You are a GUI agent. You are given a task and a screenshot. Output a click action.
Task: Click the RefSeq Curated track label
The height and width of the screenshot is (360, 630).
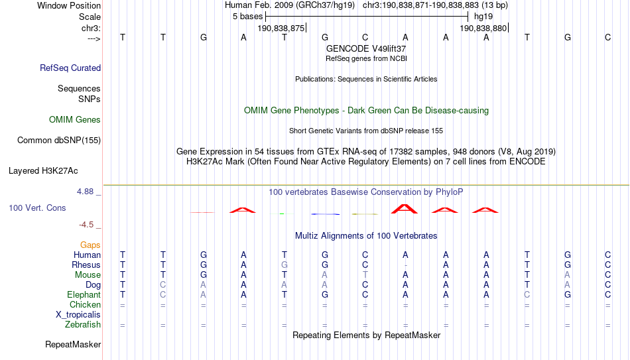(70, 68)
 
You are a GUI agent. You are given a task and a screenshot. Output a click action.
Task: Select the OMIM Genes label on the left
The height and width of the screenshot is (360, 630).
(75, 120)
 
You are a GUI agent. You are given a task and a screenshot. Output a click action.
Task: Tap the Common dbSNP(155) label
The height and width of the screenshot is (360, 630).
(59, 141)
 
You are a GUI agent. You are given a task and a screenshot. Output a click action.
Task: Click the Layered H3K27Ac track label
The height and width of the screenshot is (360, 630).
(43, 171)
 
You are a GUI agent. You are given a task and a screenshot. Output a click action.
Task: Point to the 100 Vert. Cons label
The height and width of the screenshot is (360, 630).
(37, 208)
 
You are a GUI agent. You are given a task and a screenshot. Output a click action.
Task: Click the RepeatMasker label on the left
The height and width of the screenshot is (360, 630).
(73, 344)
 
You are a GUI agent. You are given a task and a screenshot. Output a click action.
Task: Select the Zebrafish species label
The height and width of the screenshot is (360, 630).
(83, 325)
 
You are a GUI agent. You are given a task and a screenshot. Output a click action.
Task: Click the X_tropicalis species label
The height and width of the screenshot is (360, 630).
(78, 315)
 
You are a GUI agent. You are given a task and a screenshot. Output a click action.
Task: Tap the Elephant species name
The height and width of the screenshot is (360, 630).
(84, 295)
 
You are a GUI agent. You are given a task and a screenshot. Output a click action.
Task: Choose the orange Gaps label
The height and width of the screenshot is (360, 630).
(90, 245)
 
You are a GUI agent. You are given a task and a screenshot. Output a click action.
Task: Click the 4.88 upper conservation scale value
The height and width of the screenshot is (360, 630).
(85, 192)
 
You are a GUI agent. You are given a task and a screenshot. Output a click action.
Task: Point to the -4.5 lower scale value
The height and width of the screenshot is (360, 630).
(86, 225)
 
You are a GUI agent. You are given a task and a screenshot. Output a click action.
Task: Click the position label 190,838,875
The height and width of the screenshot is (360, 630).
(281, 28)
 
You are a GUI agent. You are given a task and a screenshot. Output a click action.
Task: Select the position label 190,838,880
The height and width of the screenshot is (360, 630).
(483, 28)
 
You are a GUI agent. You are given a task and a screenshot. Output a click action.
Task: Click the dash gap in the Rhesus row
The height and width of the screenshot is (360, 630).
(405, 265)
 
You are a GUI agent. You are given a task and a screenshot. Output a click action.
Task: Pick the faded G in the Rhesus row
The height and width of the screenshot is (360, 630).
(284, 265)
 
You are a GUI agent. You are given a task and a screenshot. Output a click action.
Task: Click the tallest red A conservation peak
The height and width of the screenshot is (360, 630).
(405, 209)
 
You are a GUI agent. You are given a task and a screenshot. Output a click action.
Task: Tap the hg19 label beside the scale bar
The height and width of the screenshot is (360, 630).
(483, 17)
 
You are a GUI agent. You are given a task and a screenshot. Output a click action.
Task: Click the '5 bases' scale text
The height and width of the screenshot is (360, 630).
(247, 17)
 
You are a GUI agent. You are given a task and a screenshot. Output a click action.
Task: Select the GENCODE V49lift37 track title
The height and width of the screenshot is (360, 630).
(366, 48)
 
